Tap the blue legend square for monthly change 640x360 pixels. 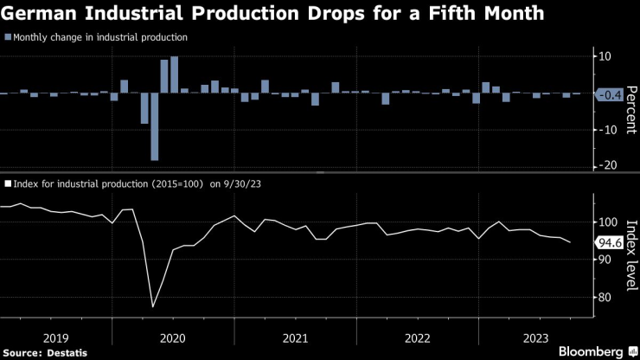[8, 37]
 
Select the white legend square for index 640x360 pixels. [8, 183]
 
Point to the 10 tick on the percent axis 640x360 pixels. [605, 56]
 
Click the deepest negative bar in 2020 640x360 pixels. [154, 126]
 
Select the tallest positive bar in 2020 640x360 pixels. [174, 74]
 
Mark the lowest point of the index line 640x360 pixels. [153, 306]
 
